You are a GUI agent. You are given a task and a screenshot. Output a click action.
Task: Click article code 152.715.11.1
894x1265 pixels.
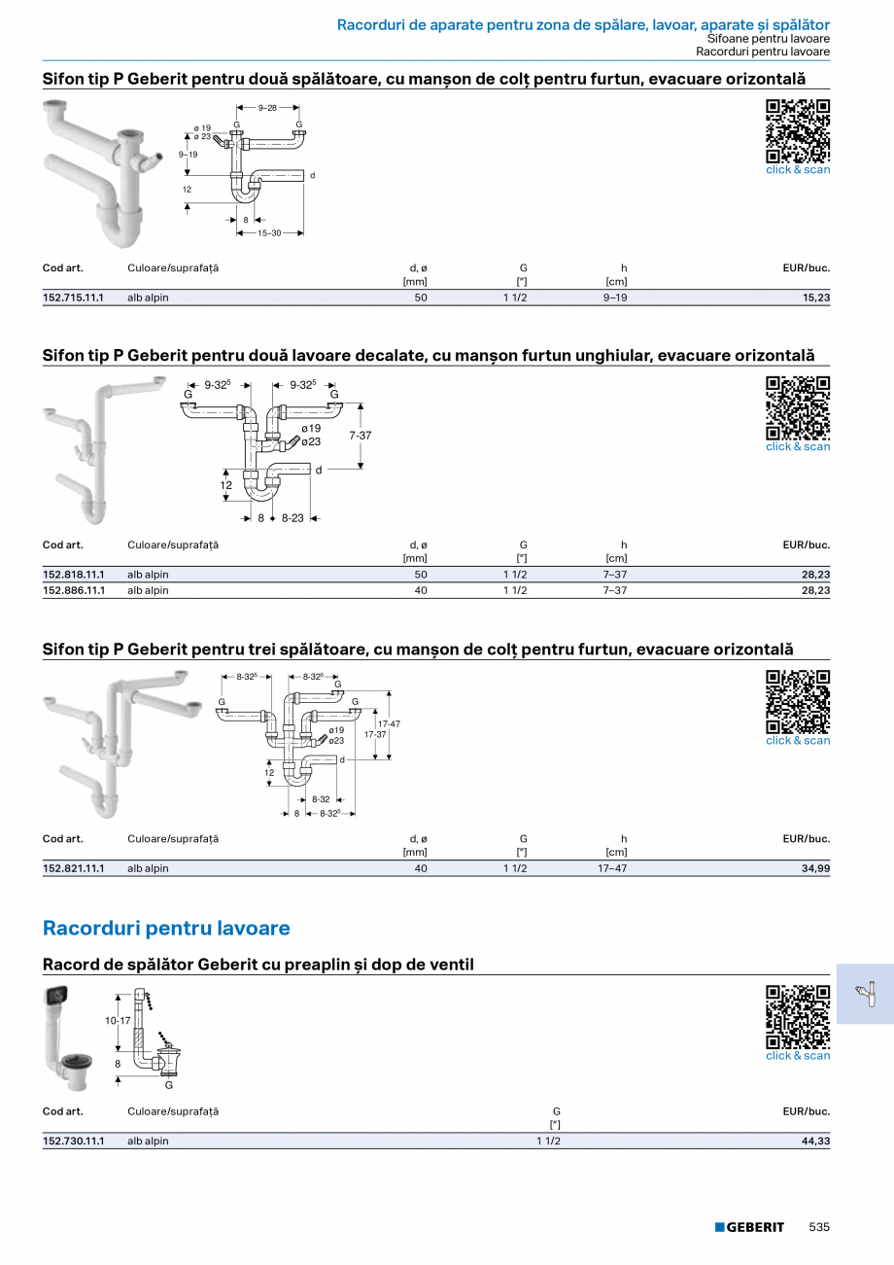pyautogui.click(x=73, y=298)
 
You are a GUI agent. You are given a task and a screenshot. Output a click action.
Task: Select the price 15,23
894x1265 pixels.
pyautogui.click(x=816, y=298)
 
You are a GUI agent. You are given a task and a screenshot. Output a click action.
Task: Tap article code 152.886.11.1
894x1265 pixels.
pyautogui.click(x=73, y=590)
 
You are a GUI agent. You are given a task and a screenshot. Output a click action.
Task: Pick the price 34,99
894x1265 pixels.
pyautogui.click(x=816, y=868)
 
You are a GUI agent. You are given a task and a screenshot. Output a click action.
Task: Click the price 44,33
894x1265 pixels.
pyautogui.click(x=816, y=1142)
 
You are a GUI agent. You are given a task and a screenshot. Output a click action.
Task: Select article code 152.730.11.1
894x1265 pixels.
pyautogui.click(x=73, y=1142)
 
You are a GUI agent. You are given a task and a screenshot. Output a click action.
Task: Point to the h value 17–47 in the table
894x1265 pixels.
pyautogui.click(x=611, y=868)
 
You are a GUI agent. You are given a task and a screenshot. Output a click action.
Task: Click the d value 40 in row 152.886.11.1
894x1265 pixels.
pyautogui.click(x=421, y=590)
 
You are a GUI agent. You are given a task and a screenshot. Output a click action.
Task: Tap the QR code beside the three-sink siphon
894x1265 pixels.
pyautogui.click(x=798, y=701)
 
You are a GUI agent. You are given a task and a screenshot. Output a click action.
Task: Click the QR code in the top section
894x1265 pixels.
pyautogui.click(x=798, y=130)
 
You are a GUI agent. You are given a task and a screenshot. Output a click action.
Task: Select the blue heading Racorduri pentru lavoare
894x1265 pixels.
pyautogui.click(x=166, y=929)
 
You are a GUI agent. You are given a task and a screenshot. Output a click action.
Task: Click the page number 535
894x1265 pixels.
pyautogui.click(x=819, y=1227)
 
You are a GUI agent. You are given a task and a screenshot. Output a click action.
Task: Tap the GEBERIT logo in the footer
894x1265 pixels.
pyautogui.click(x=749, y=1227)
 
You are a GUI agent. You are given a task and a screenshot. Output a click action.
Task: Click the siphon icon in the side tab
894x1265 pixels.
pyautogui.click(x=865, y=994)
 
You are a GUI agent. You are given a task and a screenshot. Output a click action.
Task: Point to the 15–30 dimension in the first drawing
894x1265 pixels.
pyautogui.click(x=269, y=233)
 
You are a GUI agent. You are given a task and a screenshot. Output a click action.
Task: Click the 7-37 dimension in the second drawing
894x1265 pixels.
pyautogui.click(x=361, y=436)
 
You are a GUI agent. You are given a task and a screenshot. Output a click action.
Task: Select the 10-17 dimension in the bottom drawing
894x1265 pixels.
pyautogui.click(x=118, y=1021)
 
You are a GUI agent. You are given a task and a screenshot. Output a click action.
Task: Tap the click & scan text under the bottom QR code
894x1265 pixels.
pyautogui.click(x=798, y=1056)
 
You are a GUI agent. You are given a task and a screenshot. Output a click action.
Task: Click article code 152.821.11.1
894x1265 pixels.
pyautogui.click(x=73, y=868)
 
